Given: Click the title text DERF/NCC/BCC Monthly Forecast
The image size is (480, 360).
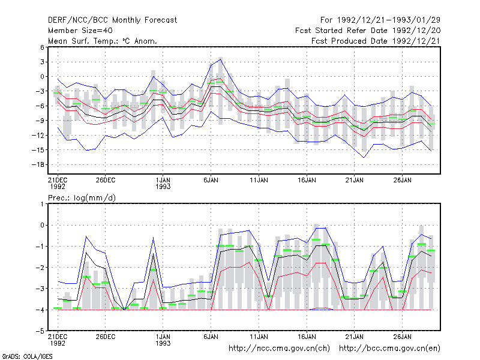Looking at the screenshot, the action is pyautogui.click(x=112, y=20).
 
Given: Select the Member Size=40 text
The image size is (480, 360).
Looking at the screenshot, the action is pyautogui.click(x=80, y=31).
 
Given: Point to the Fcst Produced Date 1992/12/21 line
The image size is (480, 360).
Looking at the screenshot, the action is pyautogui.click(x=376, y=41).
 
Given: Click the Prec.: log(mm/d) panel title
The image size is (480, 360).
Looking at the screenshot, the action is pyautogui.click(x=82, y=198).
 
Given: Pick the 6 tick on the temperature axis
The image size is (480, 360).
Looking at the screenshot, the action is pyautogui.click(x=42, y=47).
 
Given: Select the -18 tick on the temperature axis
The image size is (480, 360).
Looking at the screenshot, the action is pyautogui.click(x=38, y=164).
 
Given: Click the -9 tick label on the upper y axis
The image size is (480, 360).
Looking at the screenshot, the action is pyautogui.click(x=40, y=121).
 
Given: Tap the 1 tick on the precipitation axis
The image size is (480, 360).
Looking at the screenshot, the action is pyautogui.click(x=42, y=204).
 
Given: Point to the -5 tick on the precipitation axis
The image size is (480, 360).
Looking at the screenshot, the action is pyautogui.click(x=40, y=331).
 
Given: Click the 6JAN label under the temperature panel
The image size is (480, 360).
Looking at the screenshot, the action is pyautogui.click(x=211, y=180).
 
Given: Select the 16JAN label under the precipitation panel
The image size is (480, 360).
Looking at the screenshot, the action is pyautogui.click(x=307, y=337).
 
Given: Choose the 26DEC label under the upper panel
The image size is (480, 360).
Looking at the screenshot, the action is pyautogui.click(x=106, y=180).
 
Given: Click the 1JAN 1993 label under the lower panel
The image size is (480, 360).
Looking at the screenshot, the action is pyautogui.click(x=163, y=340).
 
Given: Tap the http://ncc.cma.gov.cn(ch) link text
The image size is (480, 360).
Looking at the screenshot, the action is pyautogui.click(x=279, y=349).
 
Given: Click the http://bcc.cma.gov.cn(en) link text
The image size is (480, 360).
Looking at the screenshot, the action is pyautogui.click(x=389, y=349).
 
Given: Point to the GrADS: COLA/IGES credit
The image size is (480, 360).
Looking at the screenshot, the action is pyautogui.click(x=27, y=356).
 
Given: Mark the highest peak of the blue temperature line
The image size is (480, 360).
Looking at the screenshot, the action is pyautogui.click(x=220, y=59).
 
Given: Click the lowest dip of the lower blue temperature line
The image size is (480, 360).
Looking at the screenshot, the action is pyautogui.click(x=364, y=157).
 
